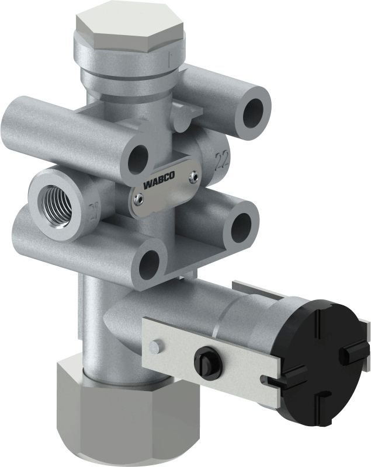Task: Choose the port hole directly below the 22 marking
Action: point(240,223)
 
